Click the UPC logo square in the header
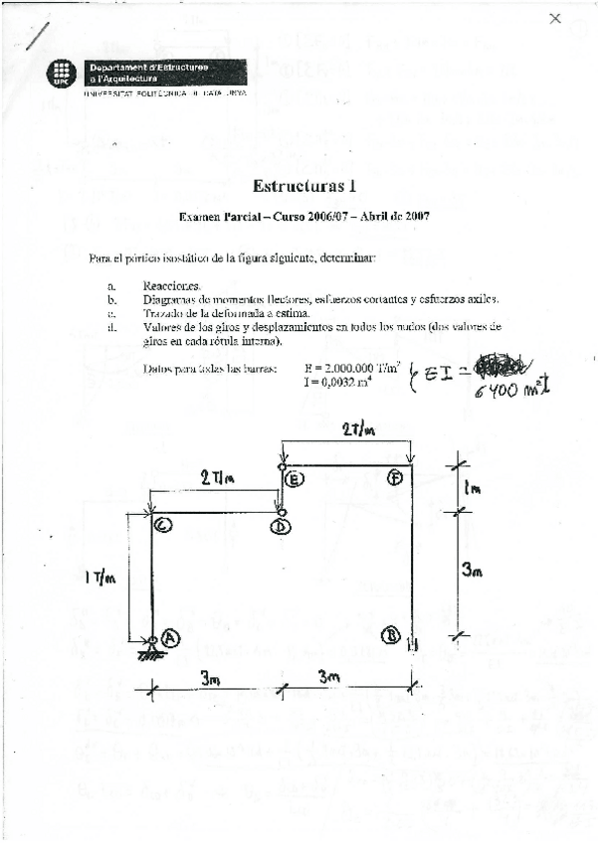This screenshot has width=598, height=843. [63, 73]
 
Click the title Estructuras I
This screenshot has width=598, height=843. [304, 185]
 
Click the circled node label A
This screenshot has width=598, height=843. [171, 639]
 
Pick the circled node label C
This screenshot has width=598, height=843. [164, 525]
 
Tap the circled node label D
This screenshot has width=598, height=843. [281, 527]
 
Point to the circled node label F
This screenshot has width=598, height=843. [395, 479]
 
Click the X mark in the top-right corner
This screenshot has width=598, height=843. [555, 17]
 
